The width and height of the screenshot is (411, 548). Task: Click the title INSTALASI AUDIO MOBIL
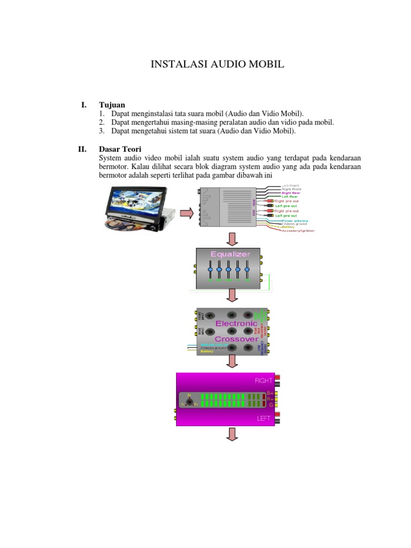[x=217, y=65]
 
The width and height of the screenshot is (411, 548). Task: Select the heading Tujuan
[x=112, y=105]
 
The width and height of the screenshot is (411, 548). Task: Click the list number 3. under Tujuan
[x=102, y=131]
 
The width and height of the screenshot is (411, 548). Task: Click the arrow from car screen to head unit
[x=186, y=214]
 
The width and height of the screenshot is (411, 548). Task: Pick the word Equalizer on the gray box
[x=230, y=254]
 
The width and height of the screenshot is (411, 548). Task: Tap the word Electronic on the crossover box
[x=236, y=324]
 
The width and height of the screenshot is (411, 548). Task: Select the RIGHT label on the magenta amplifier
[x=263, y=380]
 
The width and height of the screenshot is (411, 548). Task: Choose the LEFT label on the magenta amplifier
[x=264, y=418]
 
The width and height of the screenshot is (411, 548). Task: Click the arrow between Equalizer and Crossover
[x=232, y=295]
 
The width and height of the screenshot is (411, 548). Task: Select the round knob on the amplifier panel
[x=189, y=402]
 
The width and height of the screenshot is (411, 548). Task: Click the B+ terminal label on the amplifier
[x=270, y=394]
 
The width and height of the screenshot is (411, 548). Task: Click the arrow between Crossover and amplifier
[x=232, y=362]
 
